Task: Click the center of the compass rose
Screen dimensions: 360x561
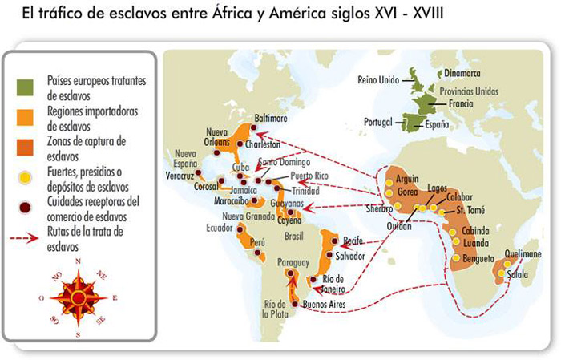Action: pyautogui.click(x=79, y=297)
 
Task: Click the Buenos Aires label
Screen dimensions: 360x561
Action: pyautogui.click(x=329, y=305)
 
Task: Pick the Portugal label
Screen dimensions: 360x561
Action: pyautogui.click(x=380, y=122)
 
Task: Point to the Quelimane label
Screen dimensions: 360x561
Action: pyautogui.click(x=523, y=254)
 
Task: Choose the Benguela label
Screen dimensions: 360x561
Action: pyautogui.click(x=479, y=260)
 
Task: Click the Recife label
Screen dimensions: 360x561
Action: pyautogui.click(x=353, y=241)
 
